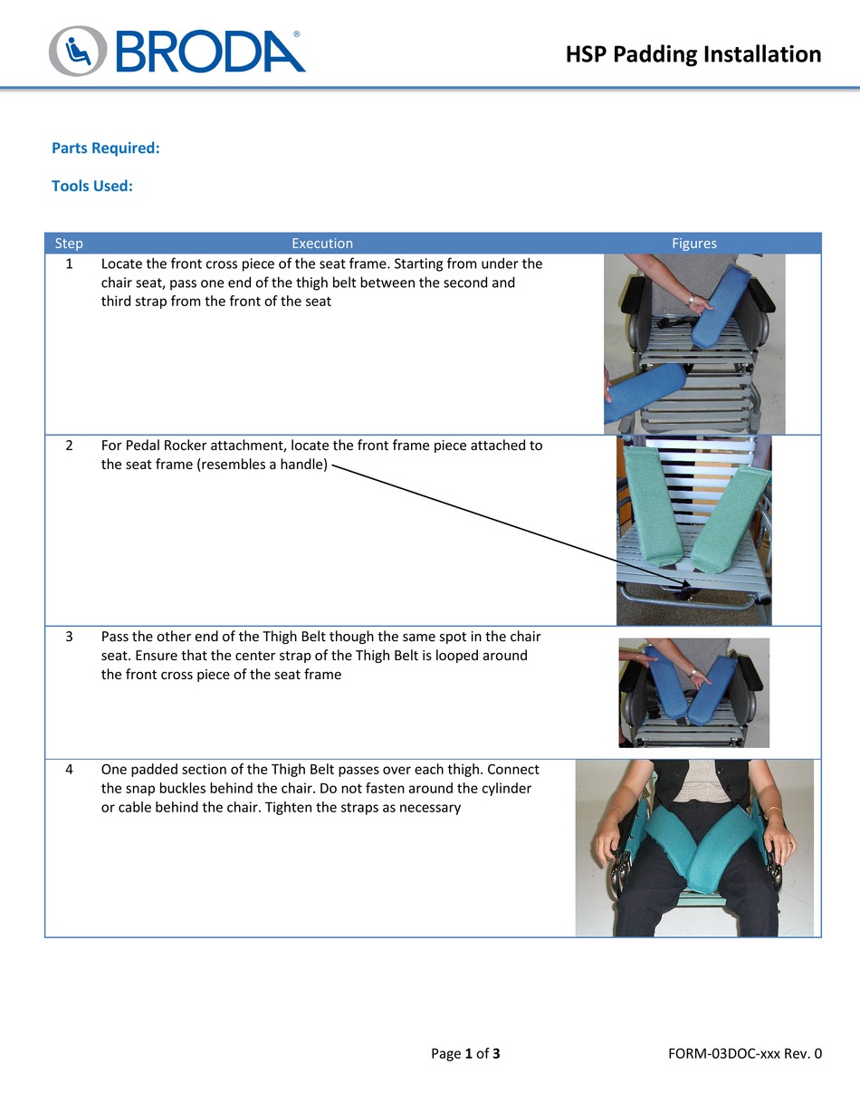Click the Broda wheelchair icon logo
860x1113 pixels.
coord(77,51)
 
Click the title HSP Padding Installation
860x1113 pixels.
coord(693,54)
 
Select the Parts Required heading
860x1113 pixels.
coord(106,148)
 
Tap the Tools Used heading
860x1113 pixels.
coord(92,186)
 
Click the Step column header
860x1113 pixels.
coord(69,244)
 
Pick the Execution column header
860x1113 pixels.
coord(321,244)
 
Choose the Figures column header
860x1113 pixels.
coord(693,244)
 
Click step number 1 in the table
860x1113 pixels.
coord(70,264)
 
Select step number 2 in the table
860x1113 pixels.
coord(70,446)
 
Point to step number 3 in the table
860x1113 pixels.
coord(70,637)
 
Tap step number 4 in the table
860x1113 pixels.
coord(70,770)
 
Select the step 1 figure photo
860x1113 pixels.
coord(694,344)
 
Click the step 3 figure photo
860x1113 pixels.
coord(693,693)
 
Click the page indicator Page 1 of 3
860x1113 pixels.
coord(465,1053)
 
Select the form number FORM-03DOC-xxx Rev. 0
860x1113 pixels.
coord(744,1053)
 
